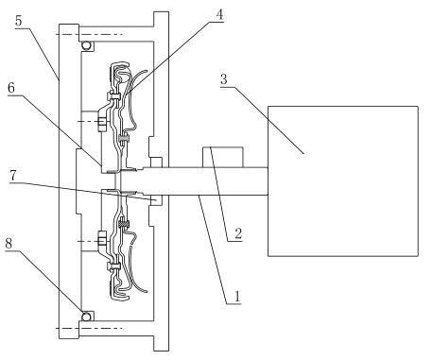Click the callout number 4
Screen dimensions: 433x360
(219, 15)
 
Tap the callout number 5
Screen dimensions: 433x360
(19, 21)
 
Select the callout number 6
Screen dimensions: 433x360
(11, 88)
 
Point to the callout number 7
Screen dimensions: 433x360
(13, 176)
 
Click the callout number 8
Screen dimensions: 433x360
(9, 243)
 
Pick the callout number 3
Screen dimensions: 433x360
(223, 79)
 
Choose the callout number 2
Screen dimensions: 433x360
(238, 233)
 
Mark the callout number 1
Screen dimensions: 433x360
(237, 297)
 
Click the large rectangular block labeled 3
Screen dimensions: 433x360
(343, 181)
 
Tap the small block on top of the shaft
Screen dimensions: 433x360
(223, 157)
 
